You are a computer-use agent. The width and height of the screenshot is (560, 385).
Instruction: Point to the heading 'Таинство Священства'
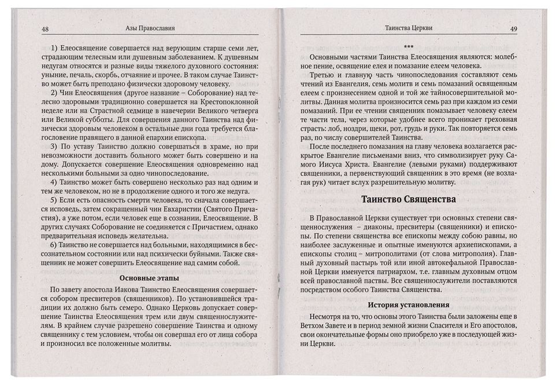[x=409, y=199]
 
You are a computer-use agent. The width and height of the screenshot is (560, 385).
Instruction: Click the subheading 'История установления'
[x=409, y=305]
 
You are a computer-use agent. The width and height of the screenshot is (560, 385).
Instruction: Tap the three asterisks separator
[x=408, y=47]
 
